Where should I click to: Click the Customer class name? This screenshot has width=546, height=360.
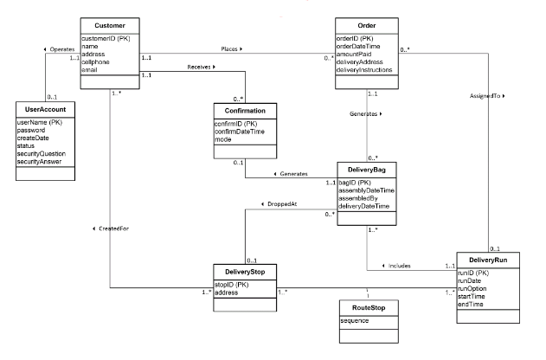click(111, 26)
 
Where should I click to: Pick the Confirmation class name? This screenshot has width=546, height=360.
click(245, 112)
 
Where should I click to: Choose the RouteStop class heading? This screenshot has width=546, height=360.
click(367, 307)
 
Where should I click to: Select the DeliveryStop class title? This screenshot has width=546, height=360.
click(245, 272)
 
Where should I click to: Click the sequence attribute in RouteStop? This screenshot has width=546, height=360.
click(356, 320)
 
